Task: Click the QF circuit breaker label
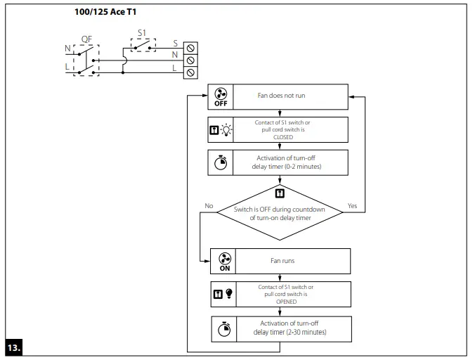[x=86, y=39]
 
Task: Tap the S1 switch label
[x=142, y=32]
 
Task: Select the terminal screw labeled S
[x=190, y=47]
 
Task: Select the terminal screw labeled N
[x=190, y=60]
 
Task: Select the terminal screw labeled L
[x=190, y=72]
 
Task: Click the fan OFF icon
[x=221, y=95]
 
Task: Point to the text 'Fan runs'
[x=282, y=261]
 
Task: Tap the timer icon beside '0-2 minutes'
[x=221, y=162]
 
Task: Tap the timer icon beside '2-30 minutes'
[x=224, y=328]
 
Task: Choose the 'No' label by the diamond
[x=209, y=206]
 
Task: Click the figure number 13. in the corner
[x=14, y=348]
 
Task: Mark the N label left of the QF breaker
[x=68, y=49]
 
